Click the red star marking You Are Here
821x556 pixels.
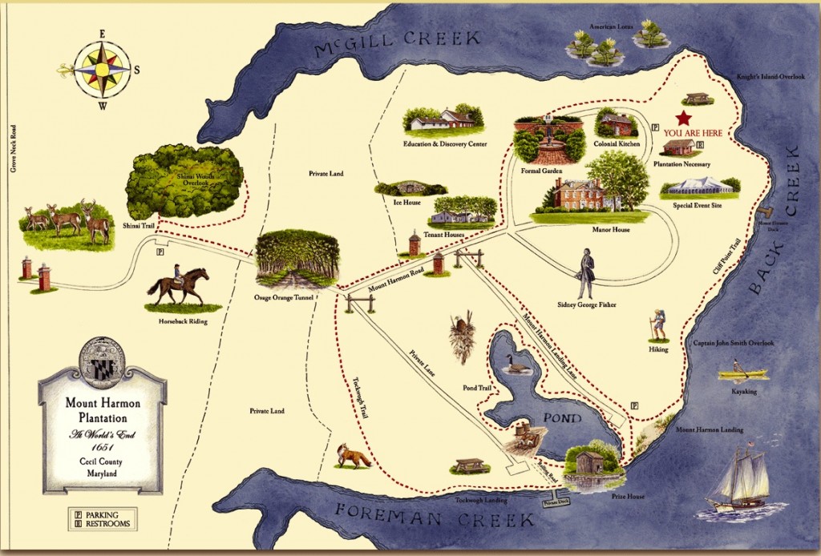pos(683,118)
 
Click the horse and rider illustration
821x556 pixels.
pos(177,285)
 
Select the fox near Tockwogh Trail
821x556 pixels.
pos(353,456)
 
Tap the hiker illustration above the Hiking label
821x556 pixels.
pos(658,324)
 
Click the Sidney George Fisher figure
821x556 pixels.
pos(587,274)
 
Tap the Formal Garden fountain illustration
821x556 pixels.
pos(549,145)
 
